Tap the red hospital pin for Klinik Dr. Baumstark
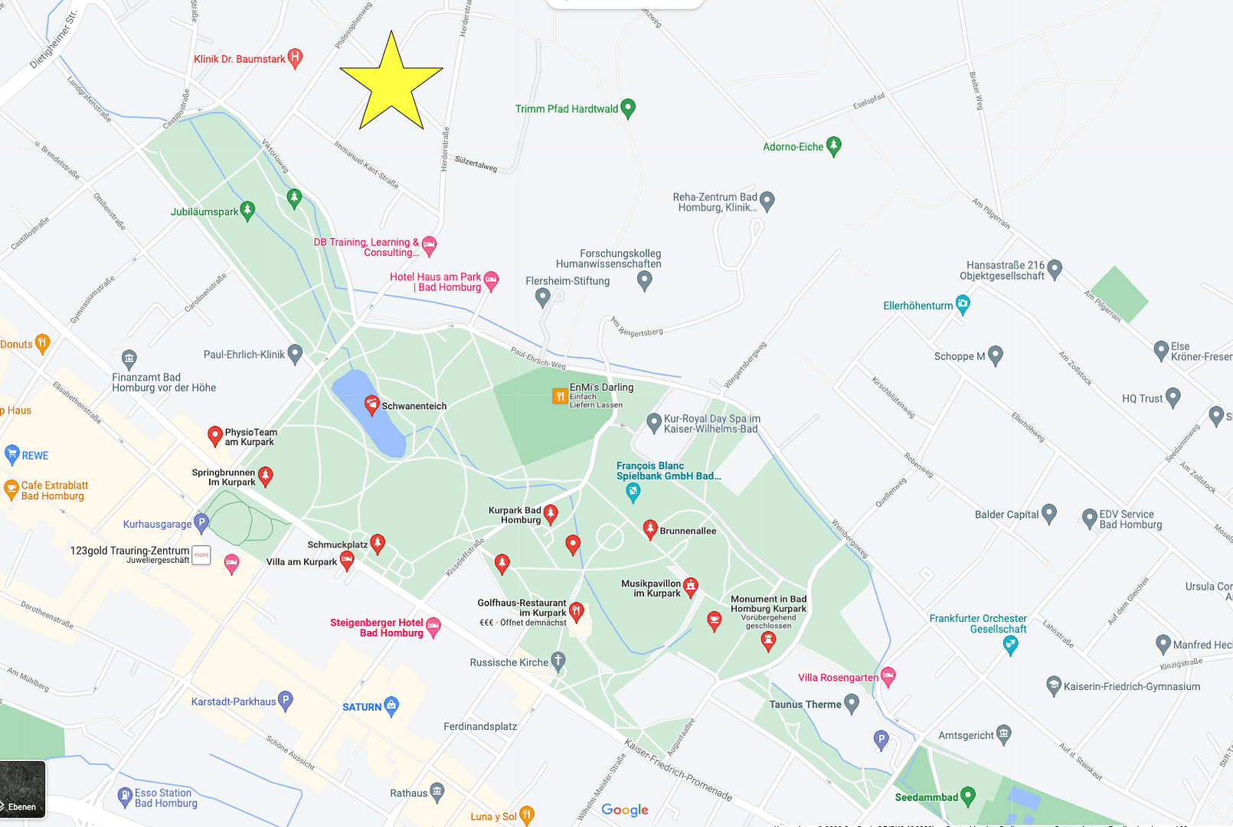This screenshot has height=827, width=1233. [295, 58]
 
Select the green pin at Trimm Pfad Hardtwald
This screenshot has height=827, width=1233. [628, 108]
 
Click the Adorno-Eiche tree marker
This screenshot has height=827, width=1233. [834, 145]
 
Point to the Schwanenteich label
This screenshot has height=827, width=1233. [414, 406]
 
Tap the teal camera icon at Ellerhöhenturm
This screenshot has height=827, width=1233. [963, 305]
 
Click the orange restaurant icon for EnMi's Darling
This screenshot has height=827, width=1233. [560, 396]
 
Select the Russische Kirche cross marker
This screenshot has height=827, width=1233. [558, 662]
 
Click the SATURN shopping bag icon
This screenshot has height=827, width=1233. [391, 706]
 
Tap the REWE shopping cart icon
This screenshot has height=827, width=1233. [11, 455]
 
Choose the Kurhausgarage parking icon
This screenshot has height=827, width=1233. [201, 523]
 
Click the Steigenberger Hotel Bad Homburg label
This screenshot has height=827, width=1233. [377, 628]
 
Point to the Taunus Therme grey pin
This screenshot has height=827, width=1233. [852, 704]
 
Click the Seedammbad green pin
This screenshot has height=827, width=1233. [968, 796]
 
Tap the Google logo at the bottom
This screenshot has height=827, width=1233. [624, 809]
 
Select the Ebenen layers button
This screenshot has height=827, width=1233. [23, 789]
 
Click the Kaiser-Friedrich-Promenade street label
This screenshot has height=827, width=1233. [678, 770]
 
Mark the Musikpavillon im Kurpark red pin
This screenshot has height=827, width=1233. [691, 587]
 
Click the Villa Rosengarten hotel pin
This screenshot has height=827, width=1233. [888, 676]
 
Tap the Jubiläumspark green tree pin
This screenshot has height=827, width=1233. [247, 210]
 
